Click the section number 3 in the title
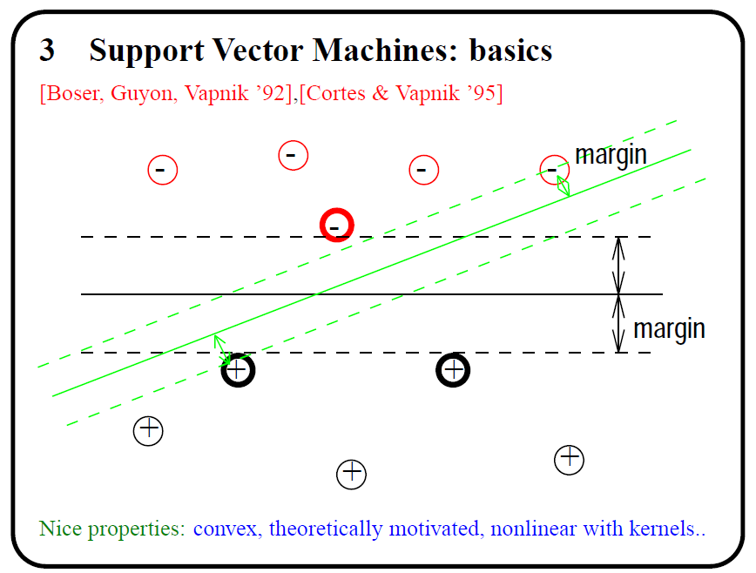coord(47,51)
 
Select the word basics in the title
coord(510,51)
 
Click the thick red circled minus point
coord(336,226)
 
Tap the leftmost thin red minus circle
coord(163,169)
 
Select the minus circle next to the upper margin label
coord(554,169)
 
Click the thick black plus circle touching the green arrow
coord(238,371)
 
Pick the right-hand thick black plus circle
coord(453,371)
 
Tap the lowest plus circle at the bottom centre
coord(351,474)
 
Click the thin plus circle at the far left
coord(149,430)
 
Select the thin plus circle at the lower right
coord(569,459)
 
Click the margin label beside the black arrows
coord(669,329)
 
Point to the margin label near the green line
coord(611,155)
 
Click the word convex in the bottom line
coord(226,528)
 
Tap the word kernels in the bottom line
coord(669,528)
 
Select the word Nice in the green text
coord(57,528)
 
